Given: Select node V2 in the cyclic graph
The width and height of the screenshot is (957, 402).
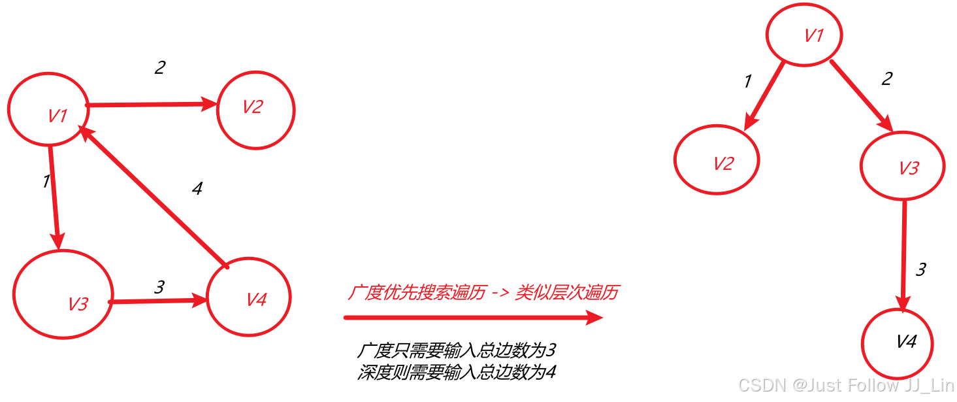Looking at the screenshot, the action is pyautogui.click(x=256, y=110).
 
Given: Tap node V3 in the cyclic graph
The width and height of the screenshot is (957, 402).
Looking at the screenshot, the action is pyautogui.click(x=63, y=293).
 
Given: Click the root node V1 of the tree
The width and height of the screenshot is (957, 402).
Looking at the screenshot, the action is pyautogui.click(x=803, y=35).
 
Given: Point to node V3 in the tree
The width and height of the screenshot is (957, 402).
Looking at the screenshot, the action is pyautogui.click(x=902, y=166).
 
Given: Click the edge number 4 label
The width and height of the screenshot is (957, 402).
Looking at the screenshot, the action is pyautogui.click(x=197, y=189).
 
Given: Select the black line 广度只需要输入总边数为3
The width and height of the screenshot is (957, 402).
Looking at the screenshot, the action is pyautogui.click(x=456, y=351).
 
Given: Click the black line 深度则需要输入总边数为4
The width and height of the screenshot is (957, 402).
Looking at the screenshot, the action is pyautogui.click(x=456, y=372).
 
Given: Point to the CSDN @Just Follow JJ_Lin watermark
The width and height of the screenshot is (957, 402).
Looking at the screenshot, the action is pyautogui.click(x=846, y=386).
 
